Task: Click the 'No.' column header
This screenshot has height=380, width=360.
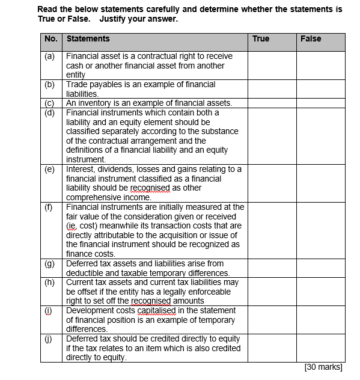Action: click(51, 39)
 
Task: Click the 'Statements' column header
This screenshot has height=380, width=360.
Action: click(88, 39)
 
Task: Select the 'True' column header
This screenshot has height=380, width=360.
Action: click(261, 39)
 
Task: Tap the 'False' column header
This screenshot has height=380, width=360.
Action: click(311, 39)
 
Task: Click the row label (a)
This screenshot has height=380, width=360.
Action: click(50, 56)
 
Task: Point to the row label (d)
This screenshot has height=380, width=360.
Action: click(50, 112)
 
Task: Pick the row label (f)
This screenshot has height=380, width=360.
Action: click(50, 207)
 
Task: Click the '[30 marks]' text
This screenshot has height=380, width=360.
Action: click(323, 367)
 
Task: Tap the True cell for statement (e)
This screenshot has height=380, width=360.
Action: click(272, 183)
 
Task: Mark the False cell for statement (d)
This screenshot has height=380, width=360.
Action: click(320, 135)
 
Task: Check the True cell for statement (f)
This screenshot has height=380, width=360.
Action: click(272, 230)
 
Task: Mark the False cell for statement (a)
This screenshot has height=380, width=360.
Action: click(320, 65)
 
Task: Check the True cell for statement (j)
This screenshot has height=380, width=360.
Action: click(272, 348)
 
